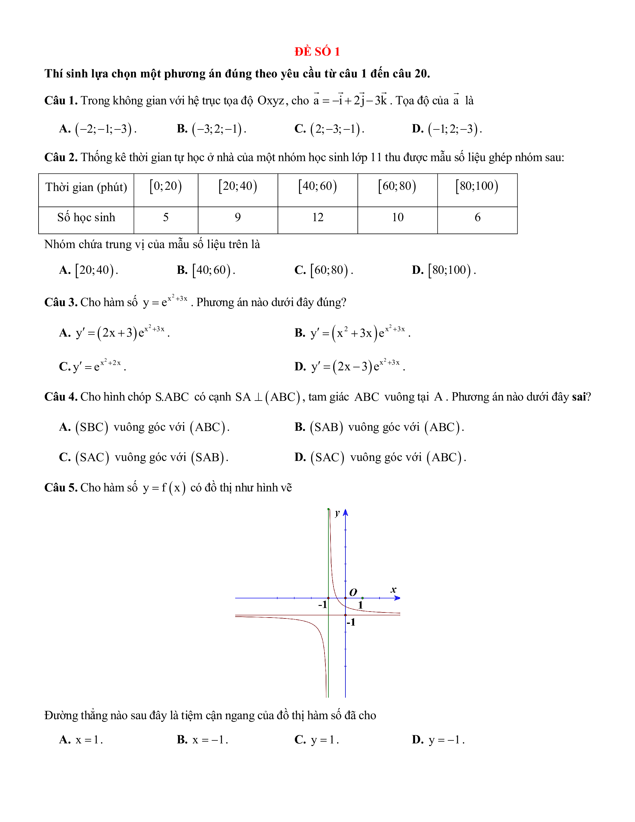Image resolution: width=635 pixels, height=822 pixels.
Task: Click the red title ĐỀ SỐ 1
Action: click(317, 52)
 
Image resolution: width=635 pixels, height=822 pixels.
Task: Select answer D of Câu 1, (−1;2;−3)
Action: click(447, 129)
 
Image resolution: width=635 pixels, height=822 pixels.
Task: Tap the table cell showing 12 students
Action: click(317, 218)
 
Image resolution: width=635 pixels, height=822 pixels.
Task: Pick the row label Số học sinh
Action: click(86, 218)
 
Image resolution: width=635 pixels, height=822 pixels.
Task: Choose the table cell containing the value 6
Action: click(478, 218)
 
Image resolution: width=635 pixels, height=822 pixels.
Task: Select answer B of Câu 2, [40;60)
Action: click(206, 270)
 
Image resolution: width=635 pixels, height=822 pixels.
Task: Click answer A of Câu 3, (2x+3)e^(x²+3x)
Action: click(114, 333)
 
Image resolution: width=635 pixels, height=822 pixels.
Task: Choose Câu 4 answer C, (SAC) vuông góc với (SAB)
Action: click(144, 457)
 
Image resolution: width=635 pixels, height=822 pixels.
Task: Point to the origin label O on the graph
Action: click(353, 592)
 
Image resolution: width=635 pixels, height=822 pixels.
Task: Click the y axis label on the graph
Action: click(337, 513)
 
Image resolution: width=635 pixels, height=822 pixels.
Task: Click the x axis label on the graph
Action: click(394, 590)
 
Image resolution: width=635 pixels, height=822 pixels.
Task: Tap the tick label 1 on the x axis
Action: click(360, 605)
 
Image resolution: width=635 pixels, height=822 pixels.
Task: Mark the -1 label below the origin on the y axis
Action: click(351, 622)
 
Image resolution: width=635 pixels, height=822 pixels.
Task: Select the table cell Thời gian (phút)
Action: click(86, 187)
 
